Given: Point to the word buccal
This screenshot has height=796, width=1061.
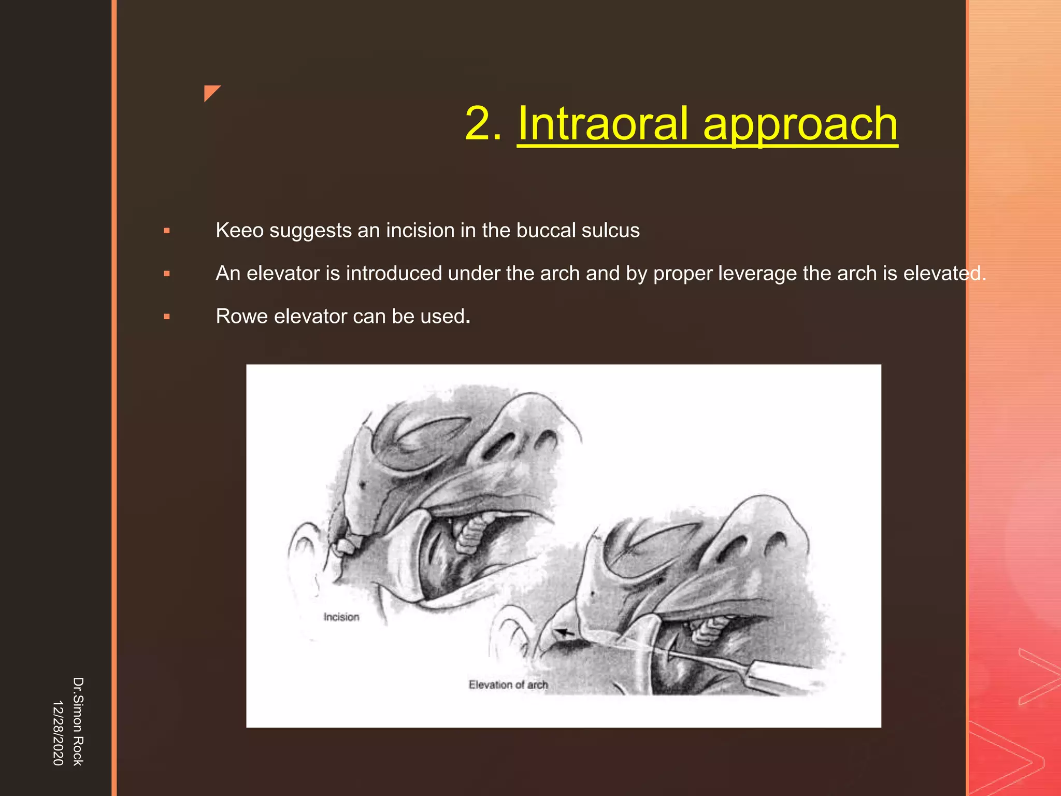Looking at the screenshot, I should point(546,230).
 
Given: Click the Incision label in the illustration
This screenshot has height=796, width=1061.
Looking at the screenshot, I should point(341,617).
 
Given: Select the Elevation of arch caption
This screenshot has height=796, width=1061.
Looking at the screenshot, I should point(508,685).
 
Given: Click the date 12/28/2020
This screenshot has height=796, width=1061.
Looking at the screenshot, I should point(58,732).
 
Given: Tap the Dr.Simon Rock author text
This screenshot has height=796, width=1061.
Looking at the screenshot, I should point(78,721).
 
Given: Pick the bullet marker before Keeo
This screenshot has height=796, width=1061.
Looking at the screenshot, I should point(167,231).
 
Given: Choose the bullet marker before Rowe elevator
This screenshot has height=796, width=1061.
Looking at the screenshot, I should point(167,317).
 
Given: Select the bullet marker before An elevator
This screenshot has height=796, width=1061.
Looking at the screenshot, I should point(167,274).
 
